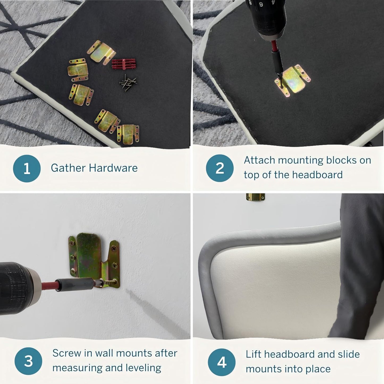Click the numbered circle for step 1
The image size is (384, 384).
(x=27, y=168)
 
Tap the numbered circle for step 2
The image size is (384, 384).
(x=220, y=168)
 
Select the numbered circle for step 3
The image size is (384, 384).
(x=28, y=361)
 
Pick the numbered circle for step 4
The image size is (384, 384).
(x=222, y=362)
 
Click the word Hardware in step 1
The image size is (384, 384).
(x=113, y=168)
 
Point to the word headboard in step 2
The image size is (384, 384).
(x=317, y=175)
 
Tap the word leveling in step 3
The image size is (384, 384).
(x=147, y=368)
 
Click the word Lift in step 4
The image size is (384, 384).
(x=253, y=354)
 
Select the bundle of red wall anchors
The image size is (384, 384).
(x=124, y=64)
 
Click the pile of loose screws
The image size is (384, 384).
(x=128, y=82)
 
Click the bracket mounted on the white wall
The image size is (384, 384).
(x=94, y=260)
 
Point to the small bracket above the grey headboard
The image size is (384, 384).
(x=255, y=197)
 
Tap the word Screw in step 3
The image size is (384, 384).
(x=67, y=353)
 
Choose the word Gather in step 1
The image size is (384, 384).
(x=68, y=168)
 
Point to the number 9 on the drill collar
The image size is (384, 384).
(x=261, y=4)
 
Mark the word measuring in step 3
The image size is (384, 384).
(x=77, y=368)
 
